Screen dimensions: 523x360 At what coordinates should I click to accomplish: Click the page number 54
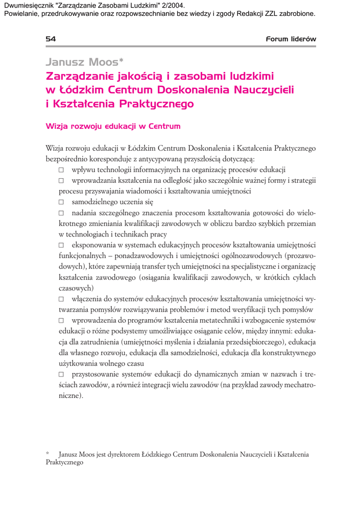(x=51, y=39)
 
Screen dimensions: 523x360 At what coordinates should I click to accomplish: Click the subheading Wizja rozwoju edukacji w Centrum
(x=113, y=126)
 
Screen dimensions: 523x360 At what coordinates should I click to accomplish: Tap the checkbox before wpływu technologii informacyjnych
(x=61, y=170)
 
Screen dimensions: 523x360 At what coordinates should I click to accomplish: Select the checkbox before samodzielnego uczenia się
(x=61, y=202)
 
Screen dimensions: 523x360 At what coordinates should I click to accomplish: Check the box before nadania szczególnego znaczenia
(x=61, y=213)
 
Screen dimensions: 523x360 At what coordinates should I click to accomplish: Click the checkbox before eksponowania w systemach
(x=61, y=246)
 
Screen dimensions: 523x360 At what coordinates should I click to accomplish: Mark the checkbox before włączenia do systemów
(x=61, y=299)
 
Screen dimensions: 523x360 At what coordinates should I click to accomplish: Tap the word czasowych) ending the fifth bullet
(x=73, y=288)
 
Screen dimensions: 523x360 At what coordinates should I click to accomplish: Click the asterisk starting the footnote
(x=47, y=453)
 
